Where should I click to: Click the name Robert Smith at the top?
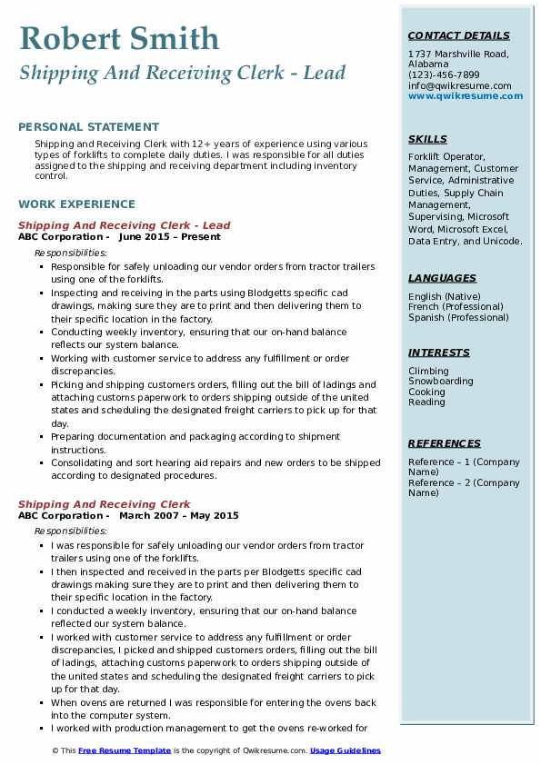click(x=119, y=39)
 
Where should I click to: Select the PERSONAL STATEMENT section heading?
click(x=88, y=127)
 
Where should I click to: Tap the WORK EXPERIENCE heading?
click(x=76, y=204)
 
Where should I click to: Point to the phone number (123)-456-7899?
click(x=444, y=75)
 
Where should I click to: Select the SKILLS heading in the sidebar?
click(x=427, y=139)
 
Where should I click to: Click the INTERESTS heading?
click(x=439, y=353)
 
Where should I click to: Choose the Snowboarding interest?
click(x=441, y=382)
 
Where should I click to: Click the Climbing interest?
click(x=428, y=371)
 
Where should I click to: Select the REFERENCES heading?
click(x=445, y=443)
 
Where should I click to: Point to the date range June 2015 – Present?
click(x=169, y=237)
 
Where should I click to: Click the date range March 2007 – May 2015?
click(x=178, y=516)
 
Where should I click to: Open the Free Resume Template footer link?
click(x=125, y=750)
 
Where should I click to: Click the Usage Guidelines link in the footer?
click(x=346, y=750)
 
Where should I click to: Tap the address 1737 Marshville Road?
click(x=457, y=54)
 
